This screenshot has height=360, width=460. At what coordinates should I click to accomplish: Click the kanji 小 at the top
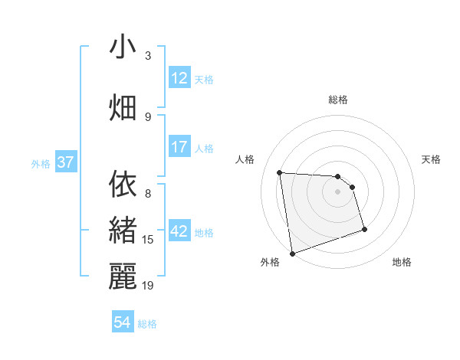pos(123,47)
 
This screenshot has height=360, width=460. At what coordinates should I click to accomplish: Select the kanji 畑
pos(123,107)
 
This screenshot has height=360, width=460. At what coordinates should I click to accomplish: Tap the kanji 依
pos(123,185)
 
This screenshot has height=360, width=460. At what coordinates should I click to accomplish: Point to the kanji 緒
pos(123,231)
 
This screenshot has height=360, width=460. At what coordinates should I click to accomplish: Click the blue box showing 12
pos(179,78)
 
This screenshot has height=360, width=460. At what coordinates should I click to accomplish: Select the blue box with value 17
pos(179,146)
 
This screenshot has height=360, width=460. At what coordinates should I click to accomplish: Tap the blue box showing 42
pos(179,231)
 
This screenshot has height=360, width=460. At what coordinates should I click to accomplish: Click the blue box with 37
pos(65,162)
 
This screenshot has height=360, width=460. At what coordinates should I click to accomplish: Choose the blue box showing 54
pos(123,322)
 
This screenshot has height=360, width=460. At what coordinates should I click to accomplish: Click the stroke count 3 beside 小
pos(148,56)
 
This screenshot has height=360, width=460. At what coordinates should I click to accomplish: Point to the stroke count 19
pos(148,285)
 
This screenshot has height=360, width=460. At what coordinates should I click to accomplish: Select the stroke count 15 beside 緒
pos(148,240)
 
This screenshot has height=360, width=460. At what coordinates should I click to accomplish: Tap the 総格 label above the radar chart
pos(337,100)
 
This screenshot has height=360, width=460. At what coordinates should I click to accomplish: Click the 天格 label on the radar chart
pos(432,159)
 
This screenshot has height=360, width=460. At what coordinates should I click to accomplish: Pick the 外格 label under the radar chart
pos(270,262)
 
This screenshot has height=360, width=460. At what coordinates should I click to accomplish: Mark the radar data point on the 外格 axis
pos(291,253)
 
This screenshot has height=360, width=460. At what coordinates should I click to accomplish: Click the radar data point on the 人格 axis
pos(280,172)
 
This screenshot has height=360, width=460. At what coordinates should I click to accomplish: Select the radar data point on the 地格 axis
pos(364,229)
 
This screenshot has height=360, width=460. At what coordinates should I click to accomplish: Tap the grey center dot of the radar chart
pos(337,191)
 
